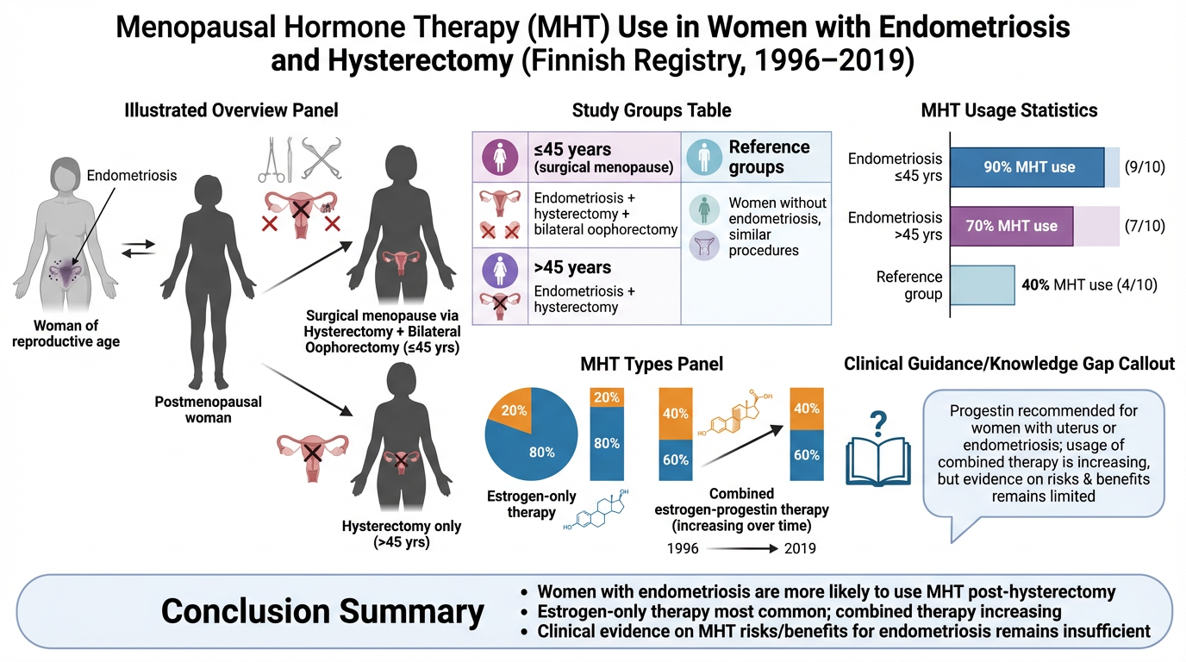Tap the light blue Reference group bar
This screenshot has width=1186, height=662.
pos(983,285)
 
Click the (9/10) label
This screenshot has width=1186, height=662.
pos(1145,167)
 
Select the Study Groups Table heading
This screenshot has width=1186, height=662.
pos(652,110)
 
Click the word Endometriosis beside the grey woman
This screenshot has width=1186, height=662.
pos(132,176)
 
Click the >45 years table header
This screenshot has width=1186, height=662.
pos(572,267)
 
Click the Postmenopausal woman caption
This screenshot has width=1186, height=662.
pos(208,409)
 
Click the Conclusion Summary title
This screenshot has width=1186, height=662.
pos(322,611)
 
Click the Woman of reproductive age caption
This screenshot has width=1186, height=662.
pos(77,334)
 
